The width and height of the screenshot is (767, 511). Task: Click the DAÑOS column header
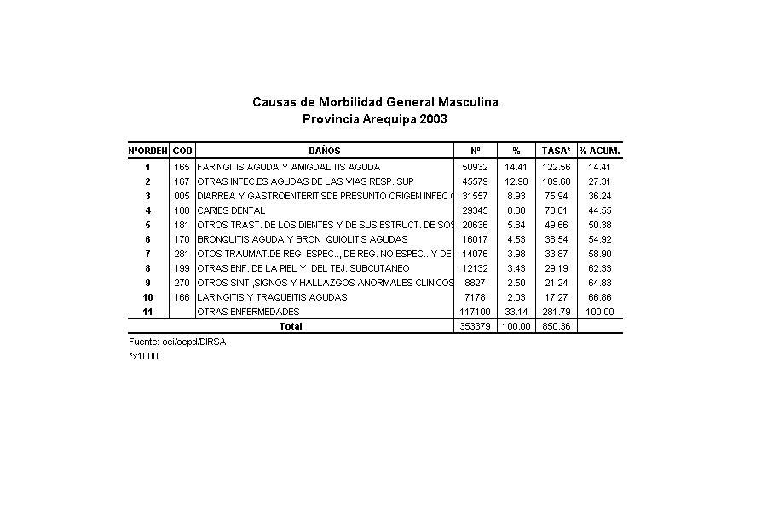click(324, 151)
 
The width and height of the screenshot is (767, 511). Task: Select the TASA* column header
click(556, 151)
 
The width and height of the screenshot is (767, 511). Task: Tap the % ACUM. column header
click(600, 151)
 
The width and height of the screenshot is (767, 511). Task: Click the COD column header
click(182, 151)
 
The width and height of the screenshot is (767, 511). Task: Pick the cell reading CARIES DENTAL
click(231, 210)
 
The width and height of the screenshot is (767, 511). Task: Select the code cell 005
click(182, 196)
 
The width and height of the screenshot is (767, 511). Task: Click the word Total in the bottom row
click(291, 326)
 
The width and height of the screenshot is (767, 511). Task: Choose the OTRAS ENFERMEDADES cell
click(248, 312)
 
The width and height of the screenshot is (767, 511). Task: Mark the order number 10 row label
click(147, 297)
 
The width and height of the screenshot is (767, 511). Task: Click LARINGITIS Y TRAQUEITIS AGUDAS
click(272, 297)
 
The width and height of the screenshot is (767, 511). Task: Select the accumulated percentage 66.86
click(600, 297)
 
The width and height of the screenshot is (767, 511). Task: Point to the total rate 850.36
click(556, 326)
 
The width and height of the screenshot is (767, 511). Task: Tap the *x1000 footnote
click(143, 356)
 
